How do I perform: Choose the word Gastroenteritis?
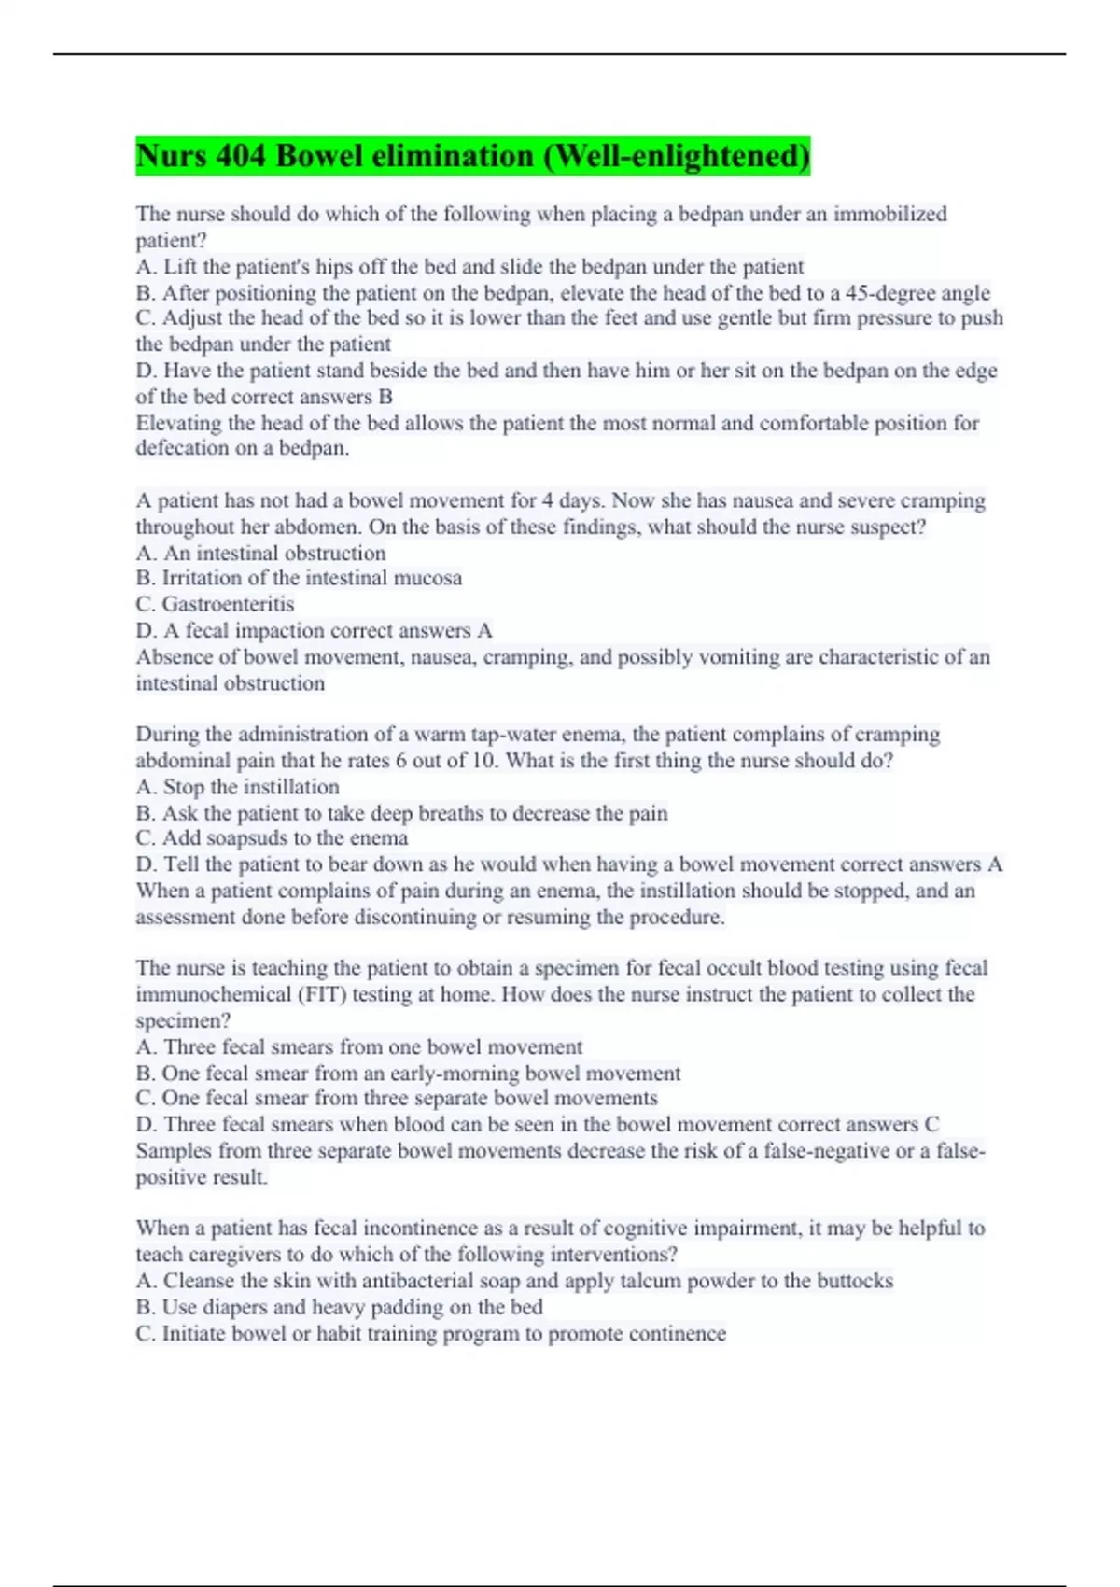(228, 604)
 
